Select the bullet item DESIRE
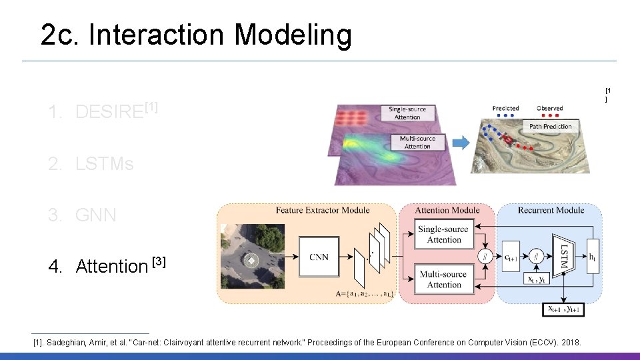pos(110,111)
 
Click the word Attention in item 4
pos(112,267)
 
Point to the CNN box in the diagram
pos(319,257)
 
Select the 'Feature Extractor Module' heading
pos(322,211)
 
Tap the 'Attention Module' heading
pos(447,211)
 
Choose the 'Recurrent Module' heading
pos(550,211)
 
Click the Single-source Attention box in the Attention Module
pos(444,235)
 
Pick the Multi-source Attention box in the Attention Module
pos(444,279)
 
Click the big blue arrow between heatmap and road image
pos(460,142)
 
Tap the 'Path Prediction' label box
pos(550,126)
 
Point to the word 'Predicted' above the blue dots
pos(506,108)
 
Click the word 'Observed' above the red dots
pos(549,108)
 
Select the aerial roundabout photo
pos(251,257)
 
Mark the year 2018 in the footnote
pos(571,343)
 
